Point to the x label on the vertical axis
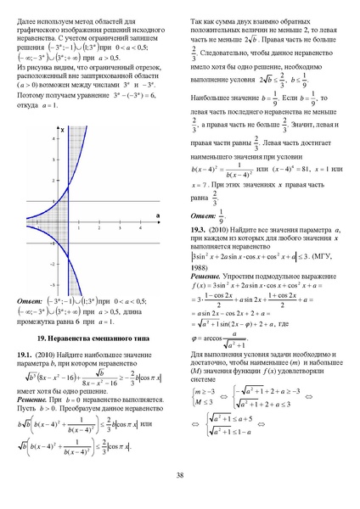(x=63, y=129)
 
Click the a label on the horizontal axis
(x=158, y=215)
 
